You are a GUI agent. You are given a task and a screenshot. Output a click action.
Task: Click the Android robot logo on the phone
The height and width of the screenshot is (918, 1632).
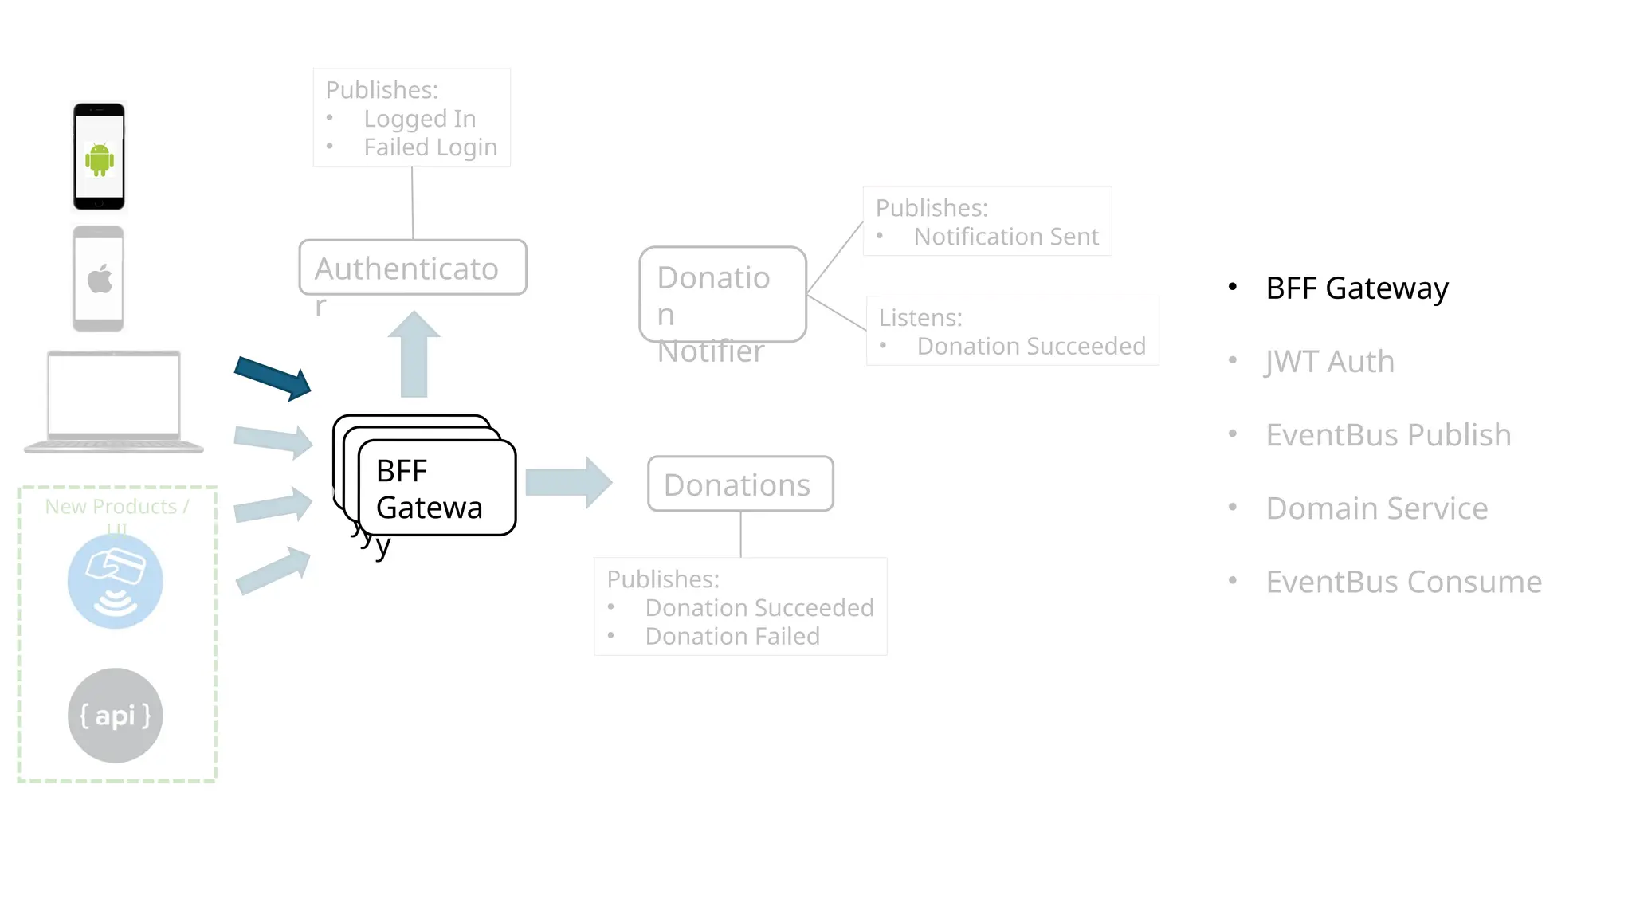pyautogui.click(x=100, y=159)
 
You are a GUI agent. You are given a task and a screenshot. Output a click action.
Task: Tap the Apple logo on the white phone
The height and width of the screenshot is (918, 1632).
pyautogui.click(x=100, y=279)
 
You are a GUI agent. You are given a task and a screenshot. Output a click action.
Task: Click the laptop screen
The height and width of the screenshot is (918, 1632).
pyautogui.click(x=114, y=394)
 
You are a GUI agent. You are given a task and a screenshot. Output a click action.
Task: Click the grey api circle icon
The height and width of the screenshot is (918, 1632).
pyautogui.click(x=115, y=715)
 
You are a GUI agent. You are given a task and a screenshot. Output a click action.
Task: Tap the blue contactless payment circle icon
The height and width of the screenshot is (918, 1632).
pyautogui.click(x=115, y=581)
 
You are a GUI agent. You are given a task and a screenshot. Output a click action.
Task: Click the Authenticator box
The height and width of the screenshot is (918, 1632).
pyautogui.click(x=412, y=268)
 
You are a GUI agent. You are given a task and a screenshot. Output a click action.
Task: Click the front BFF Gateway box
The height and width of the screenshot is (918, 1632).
pyautogui.click(x=437, y=488)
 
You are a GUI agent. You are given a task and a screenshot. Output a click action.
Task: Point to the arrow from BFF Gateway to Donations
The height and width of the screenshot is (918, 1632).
pyautogui.click(x=568, y=482)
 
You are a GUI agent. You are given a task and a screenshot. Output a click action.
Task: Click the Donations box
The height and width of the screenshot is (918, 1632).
pyautogui.click(x=739, y=484)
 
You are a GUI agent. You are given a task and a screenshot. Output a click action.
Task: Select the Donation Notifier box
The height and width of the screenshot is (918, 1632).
pyautogui.click(x=722, y=294)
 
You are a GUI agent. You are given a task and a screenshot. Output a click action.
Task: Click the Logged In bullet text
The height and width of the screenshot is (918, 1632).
pyautogui.click(x=419, y=119)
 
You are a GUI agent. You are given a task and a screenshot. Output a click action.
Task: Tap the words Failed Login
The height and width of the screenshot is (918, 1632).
pyautogui.click(x=430, y=147)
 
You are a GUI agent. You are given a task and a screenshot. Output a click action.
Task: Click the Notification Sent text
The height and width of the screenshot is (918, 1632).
pyautogui.click(x=1006, y=237)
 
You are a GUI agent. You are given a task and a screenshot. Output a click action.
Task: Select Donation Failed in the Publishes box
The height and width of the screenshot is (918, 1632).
pyautogui.click(x=732, y=636)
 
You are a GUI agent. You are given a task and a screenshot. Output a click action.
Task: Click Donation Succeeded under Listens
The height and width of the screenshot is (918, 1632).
pyautogui.click(x=1030, y=346)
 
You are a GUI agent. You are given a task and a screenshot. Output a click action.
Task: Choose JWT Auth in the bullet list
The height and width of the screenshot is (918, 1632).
pyautogui.click(x=1329, y=362)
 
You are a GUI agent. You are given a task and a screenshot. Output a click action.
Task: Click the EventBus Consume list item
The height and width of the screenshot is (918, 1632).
pyautogui.click(x=1403, y=582)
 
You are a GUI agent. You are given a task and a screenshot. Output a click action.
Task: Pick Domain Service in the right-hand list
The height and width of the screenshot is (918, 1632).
pyautogui.click(x=1376, y=508)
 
